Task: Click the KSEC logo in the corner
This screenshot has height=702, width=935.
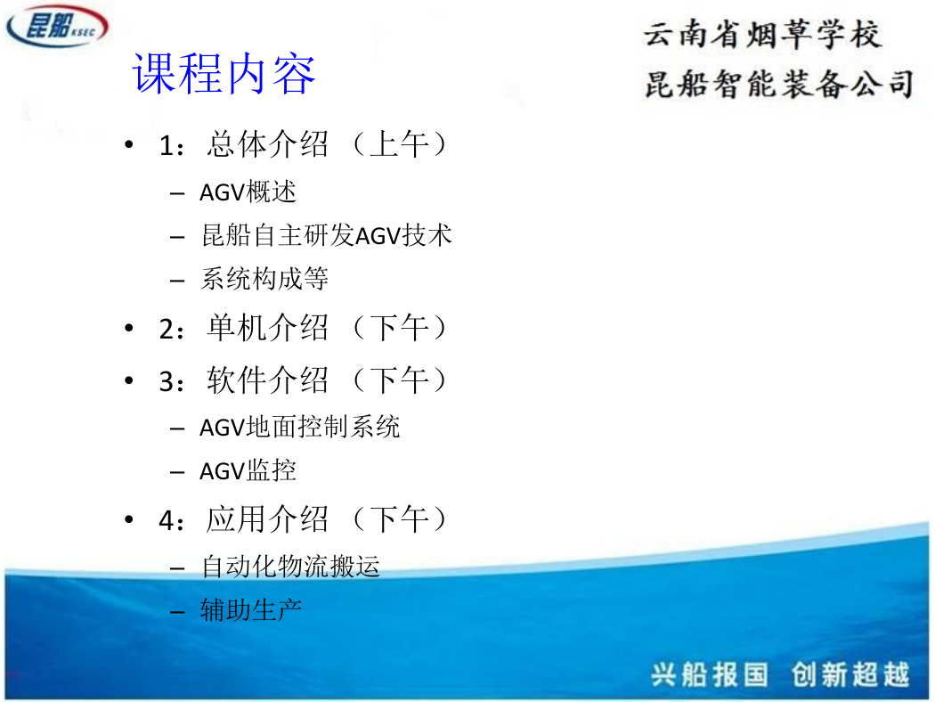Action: (57, 26)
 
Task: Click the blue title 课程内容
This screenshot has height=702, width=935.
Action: (224, 73)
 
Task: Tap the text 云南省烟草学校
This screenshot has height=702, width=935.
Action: (761, 34)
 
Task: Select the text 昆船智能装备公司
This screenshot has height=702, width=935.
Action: (779, 84)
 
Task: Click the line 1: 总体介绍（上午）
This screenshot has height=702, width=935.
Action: (304, 144)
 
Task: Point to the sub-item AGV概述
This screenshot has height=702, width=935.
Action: (248, 192)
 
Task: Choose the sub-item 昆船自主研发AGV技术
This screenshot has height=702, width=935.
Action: (326, 235)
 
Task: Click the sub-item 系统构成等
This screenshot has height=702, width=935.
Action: (264, 279)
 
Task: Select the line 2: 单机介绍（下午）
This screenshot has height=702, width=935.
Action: (304, 328)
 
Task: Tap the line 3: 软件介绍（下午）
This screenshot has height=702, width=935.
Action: (304, 380)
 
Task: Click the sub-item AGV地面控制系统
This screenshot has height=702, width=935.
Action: (299, 427)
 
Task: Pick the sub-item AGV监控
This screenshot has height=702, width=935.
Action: (248, 470)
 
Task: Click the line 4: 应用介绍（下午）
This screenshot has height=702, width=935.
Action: (304, 519)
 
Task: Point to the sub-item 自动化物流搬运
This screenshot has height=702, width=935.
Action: (290, 566)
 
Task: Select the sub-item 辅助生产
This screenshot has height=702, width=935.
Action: (251, 609)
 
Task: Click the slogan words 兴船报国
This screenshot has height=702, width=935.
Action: (709, 674)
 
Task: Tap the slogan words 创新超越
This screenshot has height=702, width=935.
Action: (850, 674)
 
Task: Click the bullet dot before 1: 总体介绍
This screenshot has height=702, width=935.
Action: (129, 144)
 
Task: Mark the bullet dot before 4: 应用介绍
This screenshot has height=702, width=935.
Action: (129, 519)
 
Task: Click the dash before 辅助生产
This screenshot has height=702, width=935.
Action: (177, 611)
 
